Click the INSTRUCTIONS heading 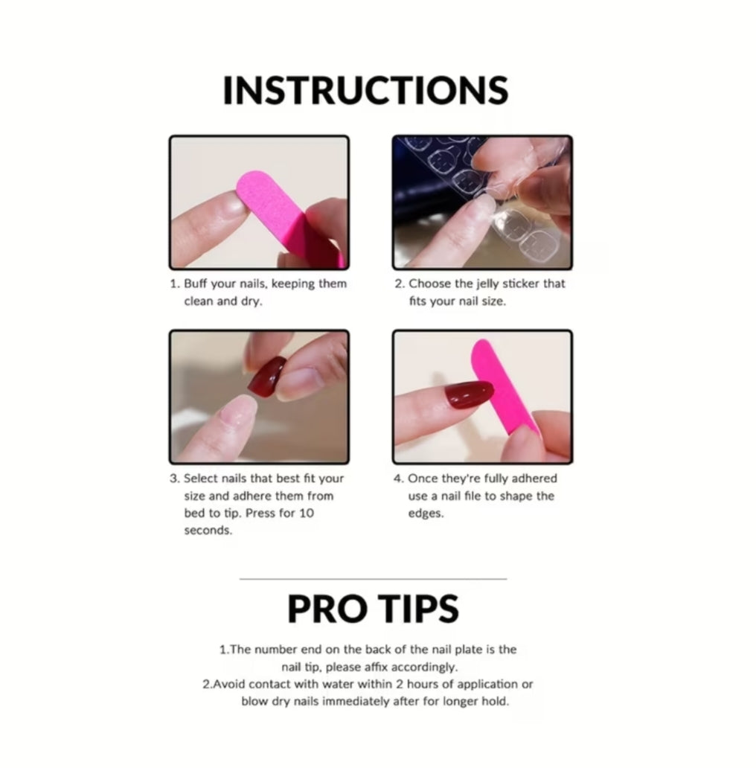(365, 91)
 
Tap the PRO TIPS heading (373, 609)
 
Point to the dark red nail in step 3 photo (267, 377)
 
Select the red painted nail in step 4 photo (469, 394)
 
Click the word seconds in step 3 (208, 531)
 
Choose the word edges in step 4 (426, 513)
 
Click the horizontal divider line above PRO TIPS (373, 578)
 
